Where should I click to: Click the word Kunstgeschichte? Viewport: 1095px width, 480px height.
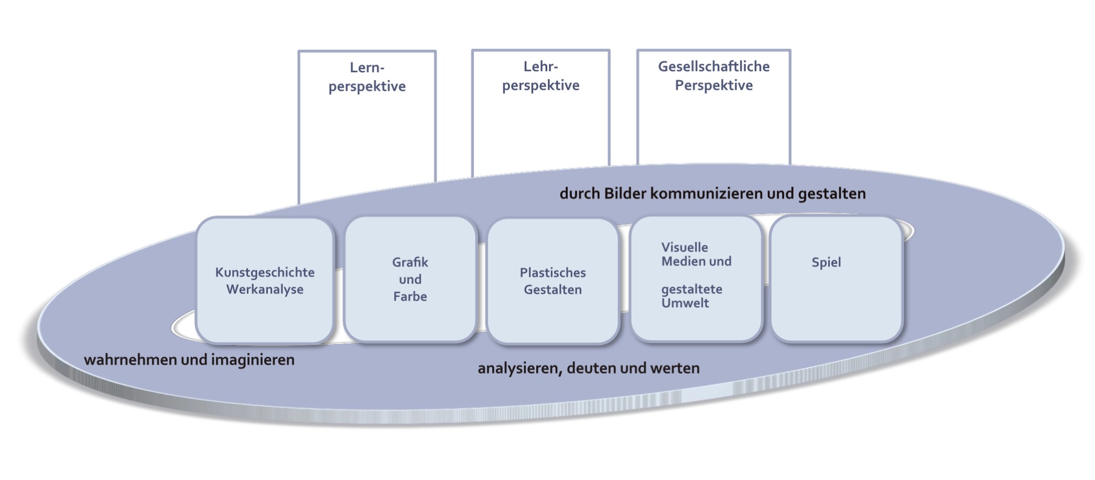(x=265, y=272)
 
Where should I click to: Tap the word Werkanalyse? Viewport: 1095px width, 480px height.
(x=265, y=290)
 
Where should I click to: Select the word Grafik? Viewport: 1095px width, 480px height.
(x=410, y=262)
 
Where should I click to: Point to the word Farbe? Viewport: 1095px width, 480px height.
(x=410, y=297)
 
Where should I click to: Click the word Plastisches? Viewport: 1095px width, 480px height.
(x=552, y=273)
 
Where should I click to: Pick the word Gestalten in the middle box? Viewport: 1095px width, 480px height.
(x=552, y=290)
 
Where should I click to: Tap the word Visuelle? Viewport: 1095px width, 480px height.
(x=684, y=248)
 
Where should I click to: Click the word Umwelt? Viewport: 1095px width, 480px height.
(x=685, y=303)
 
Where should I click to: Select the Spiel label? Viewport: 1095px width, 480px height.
(x=826, y=262)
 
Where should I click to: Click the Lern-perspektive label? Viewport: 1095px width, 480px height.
(x=367, y=77)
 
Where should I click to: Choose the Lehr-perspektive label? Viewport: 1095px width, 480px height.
(x=540, y=76)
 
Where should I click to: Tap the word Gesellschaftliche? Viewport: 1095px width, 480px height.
(x=713, y=67)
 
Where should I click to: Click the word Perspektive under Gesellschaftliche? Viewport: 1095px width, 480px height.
(x=713, y=86)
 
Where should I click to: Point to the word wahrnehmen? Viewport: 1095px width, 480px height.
(x=131, y=360)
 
